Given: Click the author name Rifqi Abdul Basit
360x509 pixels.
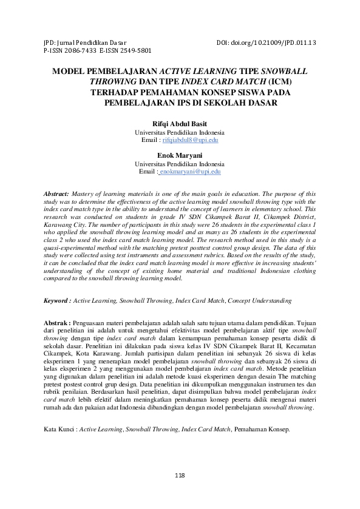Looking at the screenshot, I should tap(179, 124).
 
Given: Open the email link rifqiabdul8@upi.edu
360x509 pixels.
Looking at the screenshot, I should tap(190, 140).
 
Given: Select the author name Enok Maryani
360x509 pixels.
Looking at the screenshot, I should tap(179, 156).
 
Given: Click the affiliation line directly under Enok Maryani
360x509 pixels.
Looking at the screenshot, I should tap(179, 164).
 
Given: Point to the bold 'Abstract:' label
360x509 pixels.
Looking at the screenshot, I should tap(56, 192).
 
